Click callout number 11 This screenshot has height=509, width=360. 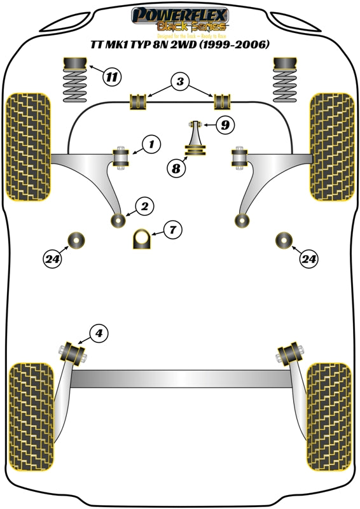[x=112, y=78]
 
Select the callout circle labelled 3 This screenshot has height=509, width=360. [x=180, y=81]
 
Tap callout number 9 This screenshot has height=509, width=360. [x=223, y=125]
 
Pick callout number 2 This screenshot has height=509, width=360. [x=145, y=206]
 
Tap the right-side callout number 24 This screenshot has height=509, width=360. [x=309, y=258]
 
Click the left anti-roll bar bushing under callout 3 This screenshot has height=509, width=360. [x=138, y=101]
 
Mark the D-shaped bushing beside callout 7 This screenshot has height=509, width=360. [x=143, y=240]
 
